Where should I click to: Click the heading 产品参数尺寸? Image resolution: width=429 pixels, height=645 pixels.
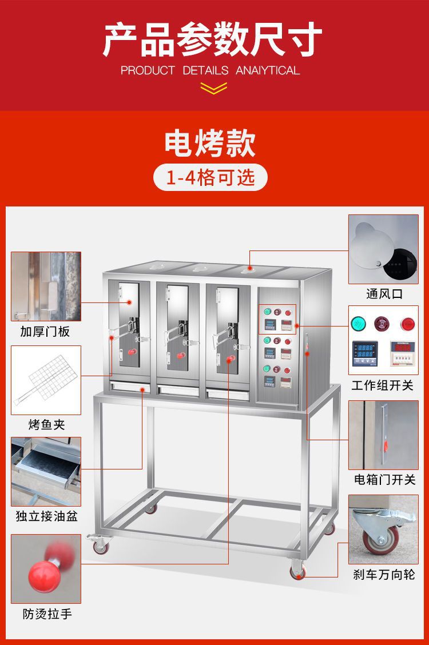[213, 40]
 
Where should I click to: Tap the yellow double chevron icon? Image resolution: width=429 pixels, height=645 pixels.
[214, 87]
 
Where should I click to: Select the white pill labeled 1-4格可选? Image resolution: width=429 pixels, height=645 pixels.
[210, 177]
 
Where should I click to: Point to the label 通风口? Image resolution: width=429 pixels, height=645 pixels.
[384, 294]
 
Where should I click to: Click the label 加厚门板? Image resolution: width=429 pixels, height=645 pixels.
[45, 332]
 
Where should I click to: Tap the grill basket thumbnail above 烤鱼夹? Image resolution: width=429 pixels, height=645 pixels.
[46, 379]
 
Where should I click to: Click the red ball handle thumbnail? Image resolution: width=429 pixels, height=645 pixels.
[46, 568]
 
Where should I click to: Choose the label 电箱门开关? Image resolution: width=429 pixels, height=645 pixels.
[384, 479]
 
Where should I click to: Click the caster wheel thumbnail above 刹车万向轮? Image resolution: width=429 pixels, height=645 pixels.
[383, 529]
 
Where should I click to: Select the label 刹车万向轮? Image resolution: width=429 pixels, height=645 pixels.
[383, 575]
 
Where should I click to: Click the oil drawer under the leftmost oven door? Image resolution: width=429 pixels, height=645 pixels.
[130, 388]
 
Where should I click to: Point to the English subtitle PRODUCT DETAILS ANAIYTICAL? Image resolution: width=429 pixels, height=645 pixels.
[210, 71]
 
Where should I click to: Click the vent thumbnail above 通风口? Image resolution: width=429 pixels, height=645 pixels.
[383, 249]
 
